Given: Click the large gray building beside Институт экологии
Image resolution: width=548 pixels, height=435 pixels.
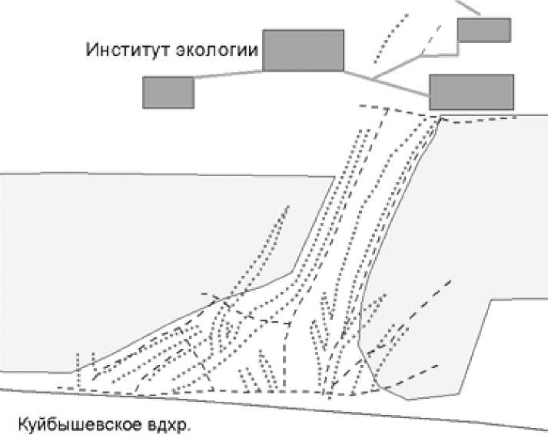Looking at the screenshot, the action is [x=303, y=51].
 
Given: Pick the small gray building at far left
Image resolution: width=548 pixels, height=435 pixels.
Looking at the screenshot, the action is [x=168, y=92].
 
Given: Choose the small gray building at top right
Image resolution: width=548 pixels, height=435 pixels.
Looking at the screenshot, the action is [x=483, y=29].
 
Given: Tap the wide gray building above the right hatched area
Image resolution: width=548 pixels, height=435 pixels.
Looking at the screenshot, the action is [x=471, y=91].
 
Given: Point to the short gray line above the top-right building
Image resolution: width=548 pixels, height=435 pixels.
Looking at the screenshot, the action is [x=468, y=7].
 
